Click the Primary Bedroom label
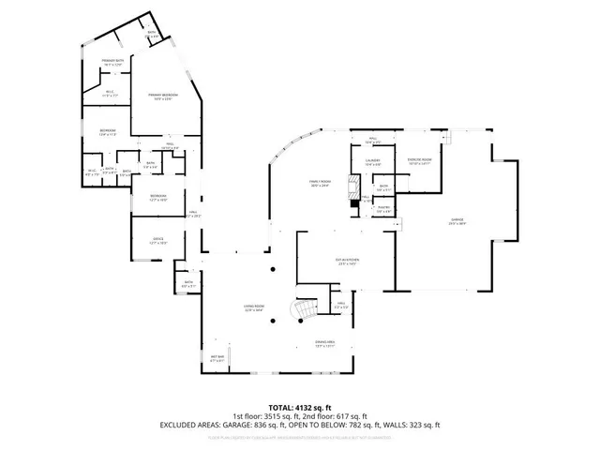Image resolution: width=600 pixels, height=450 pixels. [162, 97]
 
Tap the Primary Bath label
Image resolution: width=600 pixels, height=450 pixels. [113, 62]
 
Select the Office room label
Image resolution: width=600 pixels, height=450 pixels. [158, 240]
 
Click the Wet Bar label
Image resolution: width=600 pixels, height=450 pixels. [217, 357]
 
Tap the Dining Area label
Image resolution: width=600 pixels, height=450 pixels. [325, 344]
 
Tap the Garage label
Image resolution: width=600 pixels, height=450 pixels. [457, 221]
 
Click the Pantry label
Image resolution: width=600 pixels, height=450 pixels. [383, 209]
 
